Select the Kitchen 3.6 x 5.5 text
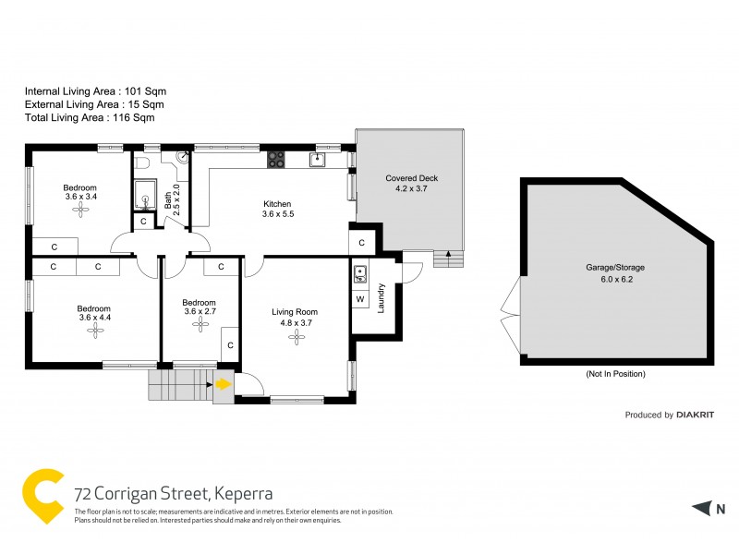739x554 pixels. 277,210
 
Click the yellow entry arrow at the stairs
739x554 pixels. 224,383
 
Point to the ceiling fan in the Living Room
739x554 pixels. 296,338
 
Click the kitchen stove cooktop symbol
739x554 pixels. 276,160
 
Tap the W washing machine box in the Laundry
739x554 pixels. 360,299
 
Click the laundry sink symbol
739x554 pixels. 360,273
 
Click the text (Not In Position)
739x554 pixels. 615,374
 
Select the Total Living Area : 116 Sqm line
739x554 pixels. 90,117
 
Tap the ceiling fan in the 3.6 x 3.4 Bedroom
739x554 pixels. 81,210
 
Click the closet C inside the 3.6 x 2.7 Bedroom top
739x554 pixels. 221,268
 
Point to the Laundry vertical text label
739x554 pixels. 381,298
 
